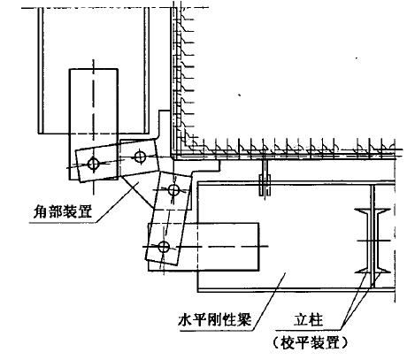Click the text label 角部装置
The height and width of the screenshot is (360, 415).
coord(62,211)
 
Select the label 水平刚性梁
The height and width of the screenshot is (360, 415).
coord(215,319)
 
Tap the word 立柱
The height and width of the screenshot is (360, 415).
coord(308,319)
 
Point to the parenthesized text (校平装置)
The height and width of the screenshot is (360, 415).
coord(310,343)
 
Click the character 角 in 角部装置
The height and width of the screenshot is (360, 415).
coord(40,211)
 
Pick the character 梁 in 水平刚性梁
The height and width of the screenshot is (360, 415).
coord(244,319)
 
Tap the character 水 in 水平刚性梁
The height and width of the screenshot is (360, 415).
coord(185,319)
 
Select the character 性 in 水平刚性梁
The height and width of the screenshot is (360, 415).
coord(230,319)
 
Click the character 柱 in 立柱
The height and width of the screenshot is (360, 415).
coord(316,319)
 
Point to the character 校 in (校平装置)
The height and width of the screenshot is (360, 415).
coord(287,343)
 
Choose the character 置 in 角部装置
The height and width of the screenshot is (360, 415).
coord(85,211)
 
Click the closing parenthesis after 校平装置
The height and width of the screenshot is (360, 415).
coord(344,343)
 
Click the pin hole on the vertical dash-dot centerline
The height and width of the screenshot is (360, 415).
coord(94,163)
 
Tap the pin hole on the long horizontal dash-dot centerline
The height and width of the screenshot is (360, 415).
coord(164,247)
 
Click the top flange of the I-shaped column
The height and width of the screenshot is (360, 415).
coord(373,211)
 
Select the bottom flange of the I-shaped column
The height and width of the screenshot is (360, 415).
coord(373,270)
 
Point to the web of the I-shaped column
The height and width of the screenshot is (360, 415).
coord(373,241)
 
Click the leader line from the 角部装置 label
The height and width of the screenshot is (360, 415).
coord(116,203)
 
